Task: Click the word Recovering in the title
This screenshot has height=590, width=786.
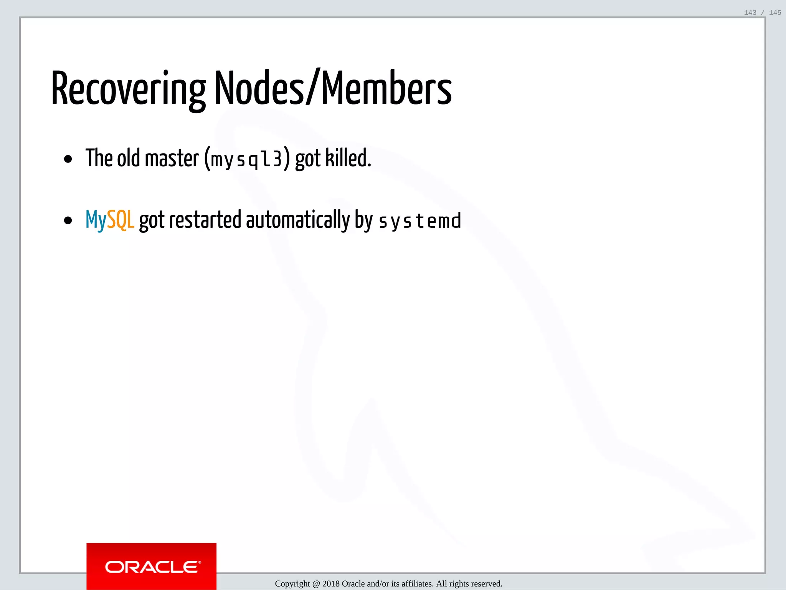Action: pos(129,89)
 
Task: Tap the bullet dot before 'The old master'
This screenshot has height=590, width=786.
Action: pos(68,159)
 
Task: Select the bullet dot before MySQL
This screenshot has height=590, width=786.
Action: pos(68,220)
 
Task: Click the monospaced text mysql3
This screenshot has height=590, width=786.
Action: pos(246,159)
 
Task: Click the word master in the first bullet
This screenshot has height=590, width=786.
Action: pos(172,158)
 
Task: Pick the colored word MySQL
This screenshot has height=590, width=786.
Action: pos(110,220)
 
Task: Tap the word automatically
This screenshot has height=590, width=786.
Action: pos(298,220)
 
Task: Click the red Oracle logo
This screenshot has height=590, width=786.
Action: pos(151,566)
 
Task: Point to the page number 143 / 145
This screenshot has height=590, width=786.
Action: pos(762,13)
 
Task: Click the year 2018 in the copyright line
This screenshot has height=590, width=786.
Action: pos(331,584)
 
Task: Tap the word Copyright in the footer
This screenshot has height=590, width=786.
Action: pos(292,584)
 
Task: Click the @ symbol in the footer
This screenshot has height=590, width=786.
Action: pos(316,584)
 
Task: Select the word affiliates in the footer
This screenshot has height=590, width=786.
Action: pos(417,584)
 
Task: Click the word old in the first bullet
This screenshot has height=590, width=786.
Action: pos(128,158)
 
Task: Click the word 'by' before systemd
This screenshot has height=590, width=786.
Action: pos(364,221)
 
